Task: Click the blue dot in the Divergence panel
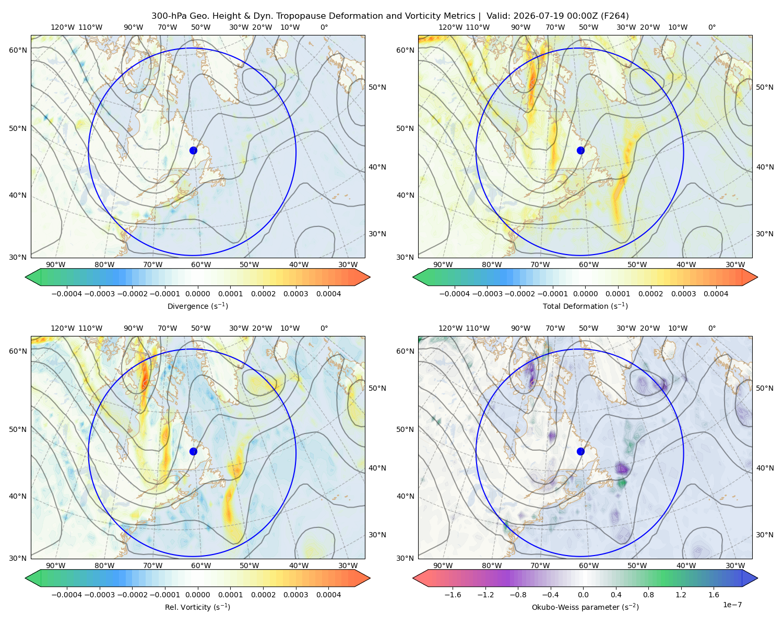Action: [193, 150]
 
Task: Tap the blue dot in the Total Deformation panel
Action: [580, 150]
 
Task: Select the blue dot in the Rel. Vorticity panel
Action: [193, 451]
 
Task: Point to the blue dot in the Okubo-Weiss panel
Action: [580, 451]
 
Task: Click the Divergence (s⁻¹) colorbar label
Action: [197, 306]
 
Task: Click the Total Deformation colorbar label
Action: [585, 306]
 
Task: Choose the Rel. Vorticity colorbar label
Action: [197, 607]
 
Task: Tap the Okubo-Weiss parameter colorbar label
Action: [585, 607]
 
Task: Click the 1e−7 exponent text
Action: [732, 605]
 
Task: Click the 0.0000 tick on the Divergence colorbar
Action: [197, 294]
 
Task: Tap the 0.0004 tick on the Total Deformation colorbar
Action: [716, 294]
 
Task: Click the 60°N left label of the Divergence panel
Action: [18, 50]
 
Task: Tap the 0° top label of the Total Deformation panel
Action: [711, 27]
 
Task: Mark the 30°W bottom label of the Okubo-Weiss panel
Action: [735, 565]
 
